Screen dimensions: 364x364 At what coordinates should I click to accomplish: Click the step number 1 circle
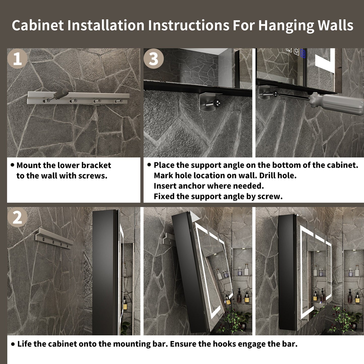(17, 58)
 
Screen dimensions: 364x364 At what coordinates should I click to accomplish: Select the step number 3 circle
(154, 58)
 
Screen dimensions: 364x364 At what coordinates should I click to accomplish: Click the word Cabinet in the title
(38, 25)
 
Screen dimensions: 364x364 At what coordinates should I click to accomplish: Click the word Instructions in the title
(188, 25)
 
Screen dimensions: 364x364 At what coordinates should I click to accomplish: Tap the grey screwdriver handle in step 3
(337, 103)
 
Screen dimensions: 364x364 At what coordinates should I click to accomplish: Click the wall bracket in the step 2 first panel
(54, 238)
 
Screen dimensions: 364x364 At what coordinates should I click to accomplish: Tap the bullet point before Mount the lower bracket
(12, 165)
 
